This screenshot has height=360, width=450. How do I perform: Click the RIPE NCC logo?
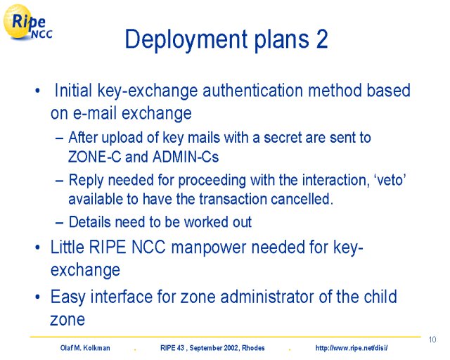[28, 22]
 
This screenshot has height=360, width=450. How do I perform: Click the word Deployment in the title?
[186, 39]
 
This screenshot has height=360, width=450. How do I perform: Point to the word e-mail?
[96, 112]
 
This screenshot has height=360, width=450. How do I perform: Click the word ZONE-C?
[95, 157]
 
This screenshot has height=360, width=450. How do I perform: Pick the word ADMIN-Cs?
[186, 157]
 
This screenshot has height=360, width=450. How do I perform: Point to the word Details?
[90, 222]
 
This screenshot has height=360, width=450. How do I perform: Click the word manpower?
[209, 247]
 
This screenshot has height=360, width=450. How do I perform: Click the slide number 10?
[432, 340]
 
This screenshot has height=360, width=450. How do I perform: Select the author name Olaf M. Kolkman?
[85, 348]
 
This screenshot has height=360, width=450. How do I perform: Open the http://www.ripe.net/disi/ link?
[352, 348]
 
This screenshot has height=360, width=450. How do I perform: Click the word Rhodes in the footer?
[253, 348]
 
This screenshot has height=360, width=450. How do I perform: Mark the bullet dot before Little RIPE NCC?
[37, 247]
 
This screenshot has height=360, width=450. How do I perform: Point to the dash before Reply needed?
[59, 181]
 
